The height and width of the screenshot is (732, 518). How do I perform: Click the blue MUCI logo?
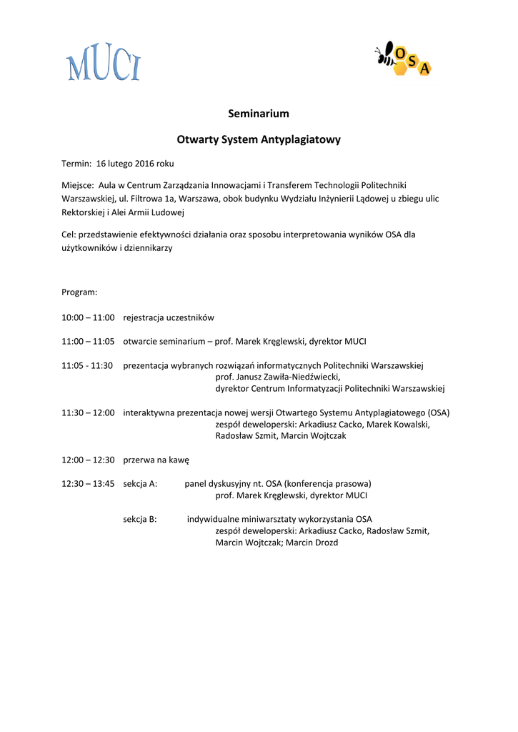point(104,63)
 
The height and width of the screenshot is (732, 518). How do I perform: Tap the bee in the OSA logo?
point(386,54)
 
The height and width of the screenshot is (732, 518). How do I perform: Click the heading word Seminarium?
point(259,114)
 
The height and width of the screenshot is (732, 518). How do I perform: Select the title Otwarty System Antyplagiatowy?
point(259,139)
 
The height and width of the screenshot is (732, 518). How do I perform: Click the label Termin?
point(76,163)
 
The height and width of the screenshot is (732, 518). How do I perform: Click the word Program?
point(79,292)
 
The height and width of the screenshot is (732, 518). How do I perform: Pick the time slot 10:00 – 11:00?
point(88,317)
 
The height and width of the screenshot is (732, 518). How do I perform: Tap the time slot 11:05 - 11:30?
point(87,365)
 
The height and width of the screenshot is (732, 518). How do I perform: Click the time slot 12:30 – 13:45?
point(88,484)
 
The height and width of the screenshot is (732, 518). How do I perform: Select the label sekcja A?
point(140,484)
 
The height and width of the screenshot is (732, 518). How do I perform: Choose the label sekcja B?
point(140,519)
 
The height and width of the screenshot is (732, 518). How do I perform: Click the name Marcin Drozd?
point(312,543)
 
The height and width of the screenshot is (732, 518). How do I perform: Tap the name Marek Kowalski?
point(402,424)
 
